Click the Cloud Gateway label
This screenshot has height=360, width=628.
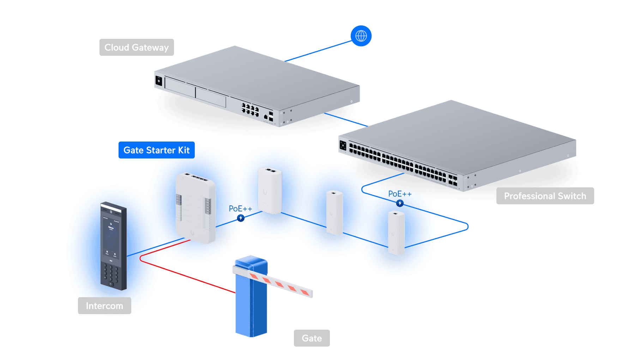coord(137,47)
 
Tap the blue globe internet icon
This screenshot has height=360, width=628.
coord(361,36)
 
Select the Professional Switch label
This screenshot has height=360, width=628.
coord(545,196)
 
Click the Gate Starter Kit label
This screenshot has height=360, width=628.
coord(156,150)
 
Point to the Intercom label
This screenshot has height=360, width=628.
coord(104,306)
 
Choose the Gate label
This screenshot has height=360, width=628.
coord(312,338)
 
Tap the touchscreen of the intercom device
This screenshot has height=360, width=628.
coord(111,235)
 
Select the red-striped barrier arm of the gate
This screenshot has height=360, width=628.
coord(279,282)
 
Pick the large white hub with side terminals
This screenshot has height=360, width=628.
coord(195,208)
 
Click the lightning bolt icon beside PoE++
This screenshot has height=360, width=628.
coord(241,218)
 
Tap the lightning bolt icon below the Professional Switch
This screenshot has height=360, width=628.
coord(400,203)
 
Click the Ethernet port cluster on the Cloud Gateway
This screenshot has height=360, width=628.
coord(250,109)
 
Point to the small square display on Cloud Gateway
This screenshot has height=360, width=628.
coord(159,81)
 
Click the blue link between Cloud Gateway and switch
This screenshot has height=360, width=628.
coord(346,119)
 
